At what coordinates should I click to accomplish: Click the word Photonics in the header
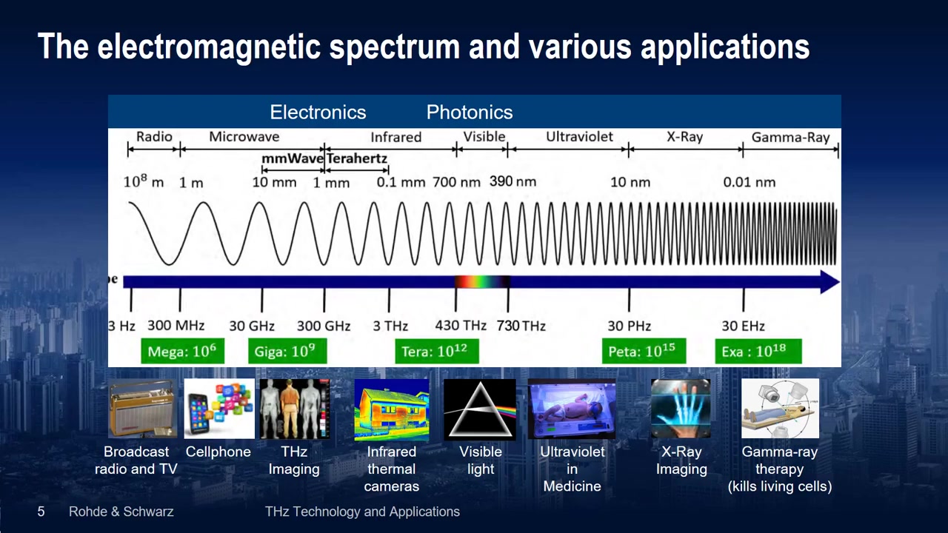coord(470,113)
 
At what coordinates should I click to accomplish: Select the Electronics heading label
coord(318,113)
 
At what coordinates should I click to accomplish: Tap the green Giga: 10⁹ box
coord(287,351)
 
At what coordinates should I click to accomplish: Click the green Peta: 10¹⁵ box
coord(644,351)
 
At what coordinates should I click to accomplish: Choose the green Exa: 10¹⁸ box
coord(758,351)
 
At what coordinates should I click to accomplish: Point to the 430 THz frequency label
coord(461,325)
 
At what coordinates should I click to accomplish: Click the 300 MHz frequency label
coord(176,325)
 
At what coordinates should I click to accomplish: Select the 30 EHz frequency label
coord(743,326)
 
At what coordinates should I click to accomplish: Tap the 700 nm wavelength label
coord(456,182)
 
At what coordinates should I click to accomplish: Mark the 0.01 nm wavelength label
coord(749,182)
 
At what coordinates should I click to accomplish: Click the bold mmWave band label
coord(293,158)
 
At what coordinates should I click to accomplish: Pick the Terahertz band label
coord(357,158)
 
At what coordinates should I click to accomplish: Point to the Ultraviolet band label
coord(579,137)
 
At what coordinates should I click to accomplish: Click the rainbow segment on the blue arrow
coord(482,282)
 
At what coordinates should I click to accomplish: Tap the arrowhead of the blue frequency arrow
coord(829,282)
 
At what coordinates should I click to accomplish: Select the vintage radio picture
coord(143,408)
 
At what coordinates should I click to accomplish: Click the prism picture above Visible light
coord(479,409)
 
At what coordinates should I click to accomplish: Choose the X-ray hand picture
coord(681,408)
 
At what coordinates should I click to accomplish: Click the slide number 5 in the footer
coord(41,512)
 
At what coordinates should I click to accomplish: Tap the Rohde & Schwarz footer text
coord(121,512)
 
